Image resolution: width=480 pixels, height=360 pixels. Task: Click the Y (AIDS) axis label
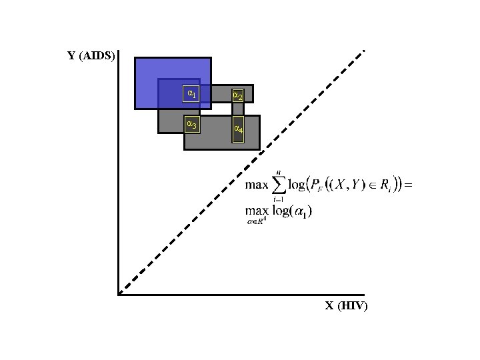click(x=92, y=55)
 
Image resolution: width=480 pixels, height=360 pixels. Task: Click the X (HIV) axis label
click(x=346, y=306)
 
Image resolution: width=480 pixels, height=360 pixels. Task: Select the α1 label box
click(x=191, y=93)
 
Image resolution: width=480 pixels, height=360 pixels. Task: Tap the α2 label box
click(x=237, y=96)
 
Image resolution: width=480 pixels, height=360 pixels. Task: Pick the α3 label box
click(x=191, y=124)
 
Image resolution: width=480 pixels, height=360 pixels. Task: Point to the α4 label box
click(x=237, y=129)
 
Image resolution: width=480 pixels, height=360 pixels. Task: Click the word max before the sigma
click(x=256, y=185)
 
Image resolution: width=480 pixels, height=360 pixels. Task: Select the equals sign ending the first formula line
click(x=409, y=185)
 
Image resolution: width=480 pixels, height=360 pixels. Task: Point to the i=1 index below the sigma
click(x=279, y=199)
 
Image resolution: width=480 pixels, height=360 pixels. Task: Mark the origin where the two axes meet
click(x=118, y=294)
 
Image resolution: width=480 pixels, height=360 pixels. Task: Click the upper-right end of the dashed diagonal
click(x=363, y=51)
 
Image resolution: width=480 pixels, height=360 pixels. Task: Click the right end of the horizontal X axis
click(x=363, y=294)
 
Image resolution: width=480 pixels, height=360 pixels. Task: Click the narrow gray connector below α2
click(x=237, y=109)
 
